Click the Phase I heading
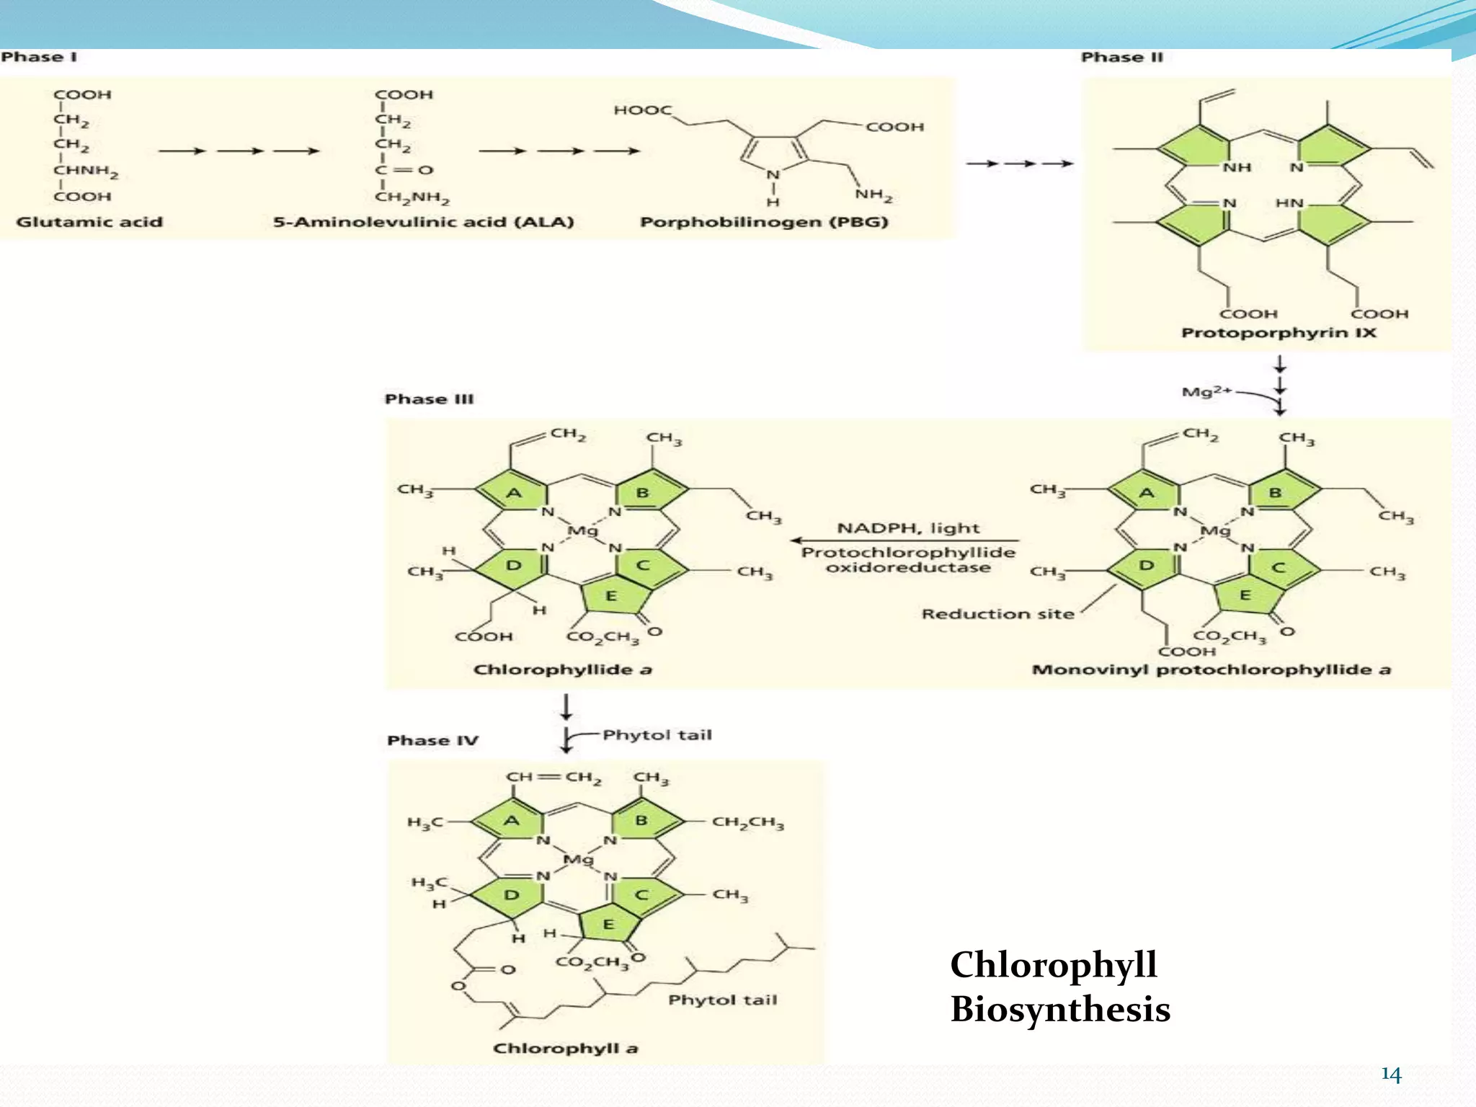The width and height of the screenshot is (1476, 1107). [39, 57]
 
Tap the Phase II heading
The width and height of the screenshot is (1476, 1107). [1121, 57]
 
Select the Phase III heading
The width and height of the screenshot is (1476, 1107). [429, 399]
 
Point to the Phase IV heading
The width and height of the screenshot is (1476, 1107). [432, 741]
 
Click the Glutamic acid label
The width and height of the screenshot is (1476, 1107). [89, 222]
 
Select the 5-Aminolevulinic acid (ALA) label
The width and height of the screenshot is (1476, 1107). [423, 222]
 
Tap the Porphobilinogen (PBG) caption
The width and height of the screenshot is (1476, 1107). [764, 222]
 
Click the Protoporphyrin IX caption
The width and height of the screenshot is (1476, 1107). [1279, 333]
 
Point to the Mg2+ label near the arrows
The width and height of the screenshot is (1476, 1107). [1206, 392]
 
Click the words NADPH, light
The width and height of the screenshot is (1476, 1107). [908, 528]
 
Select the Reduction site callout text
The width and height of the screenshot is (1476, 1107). [997, 614]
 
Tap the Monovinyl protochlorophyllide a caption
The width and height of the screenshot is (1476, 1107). [1211, 670]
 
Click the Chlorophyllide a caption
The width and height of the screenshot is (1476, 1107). [562, 670]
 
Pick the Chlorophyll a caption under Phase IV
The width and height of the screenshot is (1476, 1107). [565, 1049]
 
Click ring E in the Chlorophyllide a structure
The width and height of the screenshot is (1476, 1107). [610, 596]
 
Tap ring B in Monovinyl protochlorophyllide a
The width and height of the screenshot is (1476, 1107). [1275, 493]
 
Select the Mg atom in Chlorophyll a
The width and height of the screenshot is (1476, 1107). [577, 860]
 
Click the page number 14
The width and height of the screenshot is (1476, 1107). [1391, 1075]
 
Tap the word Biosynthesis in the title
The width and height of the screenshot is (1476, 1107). [1059, 1009]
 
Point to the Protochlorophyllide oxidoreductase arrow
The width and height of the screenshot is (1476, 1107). [904, 540]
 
